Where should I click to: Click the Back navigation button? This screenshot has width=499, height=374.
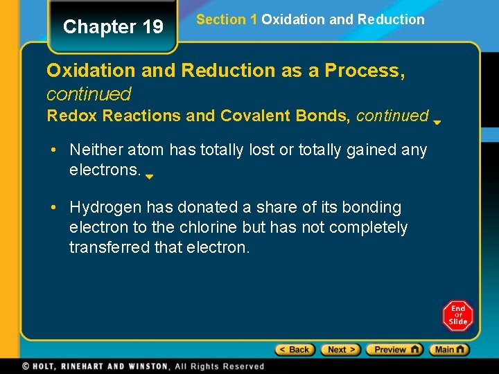pos(295,350)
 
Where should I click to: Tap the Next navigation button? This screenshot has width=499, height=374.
pos(340,350)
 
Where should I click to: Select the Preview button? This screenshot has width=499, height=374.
pos(394,350)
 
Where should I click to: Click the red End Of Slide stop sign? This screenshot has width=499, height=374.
pos(457,316)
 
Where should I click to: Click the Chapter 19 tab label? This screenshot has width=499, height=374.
pos(113,27)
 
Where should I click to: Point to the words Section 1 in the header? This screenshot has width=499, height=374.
pos(227,19)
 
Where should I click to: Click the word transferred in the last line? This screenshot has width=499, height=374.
pos(112,247)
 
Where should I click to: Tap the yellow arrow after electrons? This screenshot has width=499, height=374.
pos(149,177)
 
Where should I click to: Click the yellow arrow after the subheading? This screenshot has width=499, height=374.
pos(437,123)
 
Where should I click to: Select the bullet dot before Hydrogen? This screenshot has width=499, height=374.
pos(53,207)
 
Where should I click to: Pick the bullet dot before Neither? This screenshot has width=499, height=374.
pos(53,150)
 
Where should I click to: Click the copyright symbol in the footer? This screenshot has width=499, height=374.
pos(26,366)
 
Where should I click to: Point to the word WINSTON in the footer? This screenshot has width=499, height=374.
pos(144,366)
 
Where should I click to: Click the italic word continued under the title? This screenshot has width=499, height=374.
pos(89,93)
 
